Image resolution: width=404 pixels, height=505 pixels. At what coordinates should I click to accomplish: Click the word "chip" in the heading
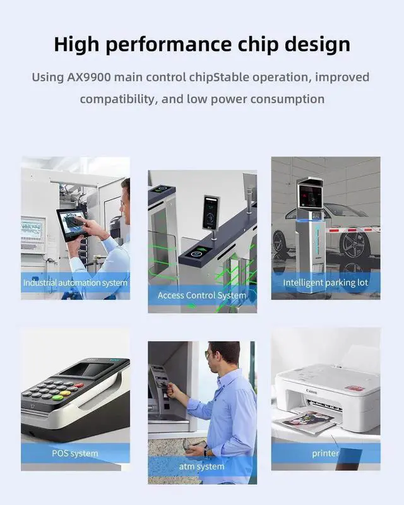tap(258, 44)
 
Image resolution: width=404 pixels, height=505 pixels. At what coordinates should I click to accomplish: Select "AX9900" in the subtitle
tap(88, 77)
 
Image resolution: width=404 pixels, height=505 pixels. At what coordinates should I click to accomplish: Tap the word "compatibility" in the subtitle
tap(119, 99)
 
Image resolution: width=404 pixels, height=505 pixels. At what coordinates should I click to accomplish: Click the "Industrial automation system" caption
tap(75, 283)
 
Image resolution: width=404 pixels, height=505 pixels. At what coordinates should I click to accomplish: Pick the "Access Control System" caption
tap(202, 295)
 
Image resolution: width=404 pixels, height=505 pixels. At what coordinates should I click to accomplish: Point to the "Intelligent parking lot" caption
tap(325, 283)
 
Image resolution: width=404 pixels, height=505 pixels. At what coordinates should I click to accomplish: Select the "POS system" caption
tap(75, 453)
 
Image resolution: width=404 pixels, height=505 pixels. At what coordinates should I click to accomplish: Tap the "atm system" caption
tap(201, 466)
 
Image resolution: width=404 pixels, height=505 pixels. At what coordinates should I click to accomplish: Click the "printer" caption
tap(325, 453)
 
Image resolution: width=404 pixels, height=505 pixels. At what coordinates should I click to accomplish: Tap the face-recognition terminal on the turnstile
tap(210, 213)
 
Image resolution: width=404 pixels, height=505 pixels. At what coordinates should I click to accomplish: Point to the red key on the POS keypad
tap(79, 385)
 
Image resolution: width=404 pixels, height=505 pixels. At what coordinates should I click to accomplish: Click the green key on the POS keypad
tap(58, 397)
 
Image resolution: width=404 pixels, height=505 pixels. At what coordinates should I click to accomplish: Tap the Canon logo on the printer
tap(312, 391)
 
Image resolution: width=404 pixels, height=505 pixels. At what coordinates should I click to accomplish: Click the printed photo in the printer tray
tap(309, 419)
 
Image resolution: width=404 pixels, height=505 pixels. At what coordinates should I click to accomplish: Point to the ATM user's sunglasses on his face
tap(208, 354)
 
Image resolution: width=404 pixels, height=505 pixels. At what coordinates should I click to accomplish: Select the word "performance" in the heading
tap(169, 45)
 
